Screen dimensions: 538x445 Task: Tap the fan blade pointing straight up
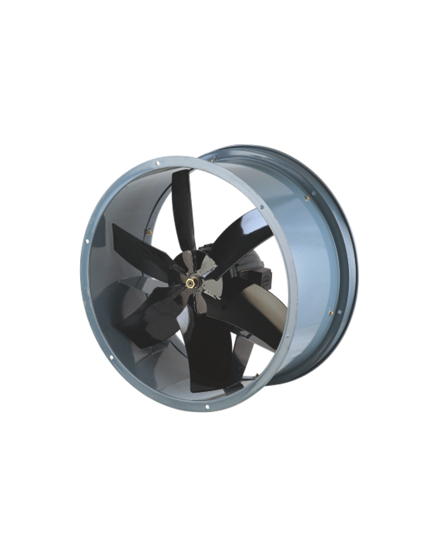(x=185, y=203)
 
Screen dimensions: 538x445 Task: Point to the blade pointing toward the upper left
(x=137, y=242)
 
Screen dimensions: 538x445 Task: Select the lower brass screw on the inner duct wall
(x=331, y=313)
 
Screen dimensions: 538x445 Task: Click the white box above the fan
(x=127, y=22)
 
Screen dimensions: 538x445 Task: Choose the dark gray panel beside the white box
(x=350, y=25)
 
